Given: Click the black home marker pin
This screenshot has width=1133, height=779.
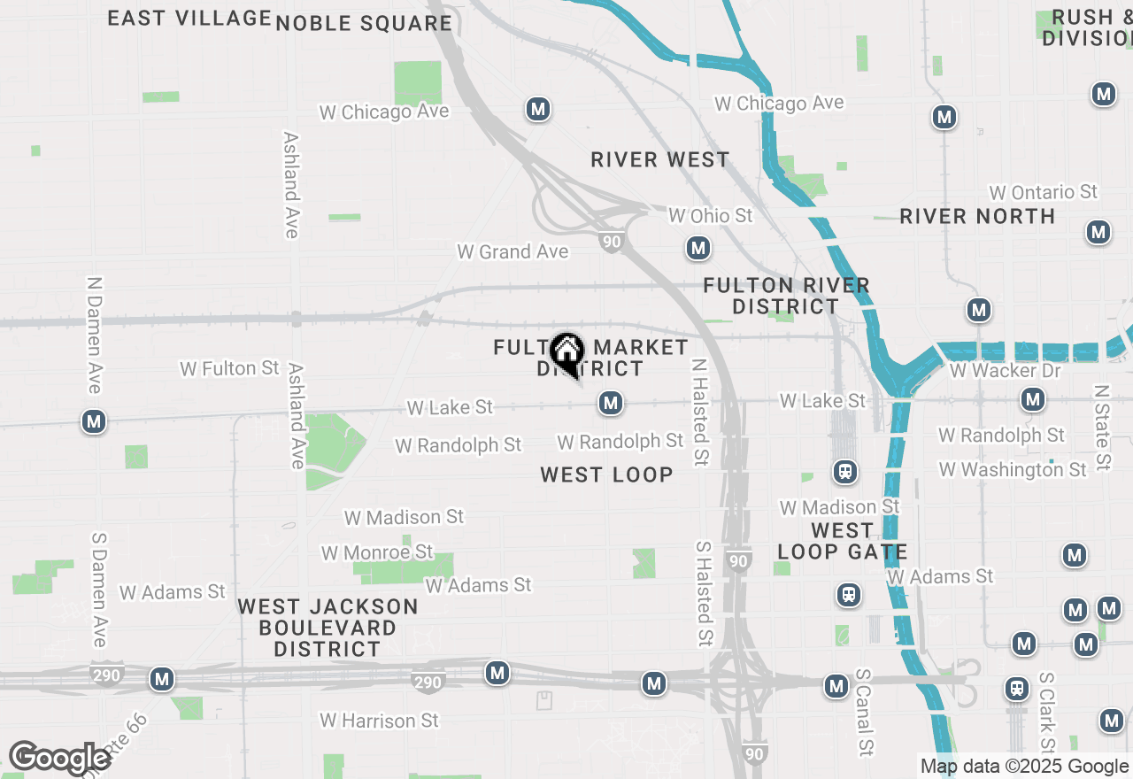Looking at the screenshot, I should (566, 353).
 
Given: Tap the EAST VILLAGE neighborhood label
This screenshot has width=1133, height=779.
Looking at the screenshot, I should (189, 18).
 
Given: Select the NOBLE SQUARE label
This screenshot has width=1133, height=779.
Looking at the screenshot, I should (364, 23).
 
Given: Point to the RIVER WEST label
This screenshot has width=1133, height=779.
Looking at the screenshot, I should (660, 159).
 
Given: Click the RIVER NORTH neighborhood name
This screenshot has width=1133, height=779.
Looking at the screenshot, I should (977, 216).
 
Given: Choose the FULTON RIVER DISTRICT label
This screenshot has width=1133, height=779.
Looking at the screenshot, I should (786, 296).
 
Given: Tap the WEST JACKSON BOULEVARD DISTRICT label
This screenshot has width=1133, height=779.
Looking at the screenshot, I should (328, 628).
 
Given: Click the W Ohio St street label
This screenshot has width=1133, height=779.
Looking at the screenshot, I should (710, 215).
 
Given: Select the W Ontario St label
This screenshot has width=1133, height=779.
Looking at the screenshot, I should (1043, 192).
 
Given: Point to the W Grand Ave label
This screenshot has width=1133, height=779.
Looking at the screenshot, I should (513, 251).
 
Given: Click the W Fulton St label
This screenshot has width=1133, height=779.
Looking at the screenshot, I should (229, 368).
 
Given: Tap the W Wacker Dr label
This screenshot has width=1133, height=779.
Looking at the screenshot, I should (1005, 370).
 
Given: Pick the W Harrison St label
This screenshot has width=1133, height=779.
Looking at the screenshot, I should (379, 721).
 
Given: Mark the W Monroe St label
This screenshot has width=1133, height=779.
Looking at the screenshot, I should (377, 552).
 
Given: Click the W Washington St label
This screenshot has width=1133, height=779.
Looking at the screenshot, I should (1013, 469).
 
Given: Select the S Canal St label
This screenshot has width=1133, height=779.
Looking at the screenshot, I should (864, 712).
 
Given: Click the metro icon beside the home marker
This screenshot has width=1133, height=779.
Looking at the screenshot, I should (610, 404).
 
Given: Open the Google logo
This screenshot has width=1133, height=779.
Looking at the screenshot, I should (60, 759).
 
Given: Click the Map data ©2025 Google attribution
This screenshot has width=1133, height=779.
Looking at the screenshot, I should (1024, 767).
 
